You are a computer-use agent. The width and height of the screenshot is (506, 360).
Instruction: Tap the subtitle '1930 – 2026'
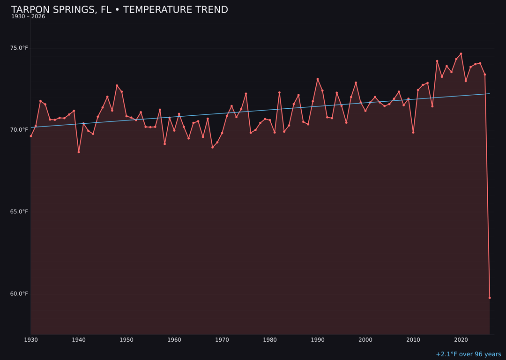tap(28, 17)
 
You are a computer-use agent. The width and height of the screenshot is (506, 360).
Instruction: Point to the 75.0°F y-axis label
tap(19, 48)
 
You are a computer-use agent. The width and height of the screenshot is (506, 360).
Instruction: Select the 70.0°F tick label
tap(19, 130)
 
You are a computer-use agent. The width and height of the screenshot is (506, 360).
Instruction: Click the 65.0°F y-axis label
tap(19, 212)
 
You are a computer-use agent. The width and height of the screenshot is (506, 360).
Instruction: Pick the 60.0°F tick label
tap(19, 294)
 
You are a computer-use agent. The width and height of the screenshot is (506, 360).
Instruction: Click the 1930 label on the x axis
tap(31, 340)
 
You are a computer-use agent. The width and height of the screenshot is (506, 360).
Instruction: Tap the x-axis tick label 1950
tap(126, 340)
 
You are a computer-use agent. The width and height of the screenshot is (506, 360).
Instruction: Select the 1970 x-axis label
tap(222, 340)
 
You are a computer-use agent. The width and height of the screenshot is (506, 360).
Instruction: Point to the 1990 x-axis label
tap(318, 340)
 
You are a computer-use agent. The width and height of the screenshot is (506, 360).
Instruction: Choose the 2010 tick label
tap(413, 340)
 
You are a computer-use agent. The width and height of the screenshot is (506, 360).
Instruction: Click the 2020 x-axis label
tap(461, 340)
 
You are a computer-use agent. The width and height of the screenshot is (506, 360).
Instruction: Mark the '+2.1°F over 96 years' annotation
tap(468, 354)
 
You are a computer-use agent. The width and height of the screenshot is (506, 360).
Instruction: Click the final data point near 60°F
tap(490, 298)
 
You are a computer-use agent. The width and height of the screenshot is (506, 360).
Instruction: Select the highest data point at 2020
tap(461, 54)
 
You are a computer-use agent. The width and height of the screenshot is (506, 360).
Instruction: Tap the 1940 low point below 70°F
tap(79, 152)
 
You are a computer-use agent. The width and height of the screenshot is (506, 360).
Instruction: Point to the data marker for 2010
tap(413, 132)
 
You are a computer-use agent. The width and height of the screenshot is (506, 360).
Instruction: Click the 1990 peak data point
tap(318, 79)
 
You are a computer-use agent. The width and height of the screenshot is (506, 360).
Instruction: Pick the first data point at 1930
tap(31, 136)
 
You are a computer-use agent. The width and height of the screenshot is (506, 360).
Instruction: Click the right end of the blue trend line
tap(489, 94)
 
